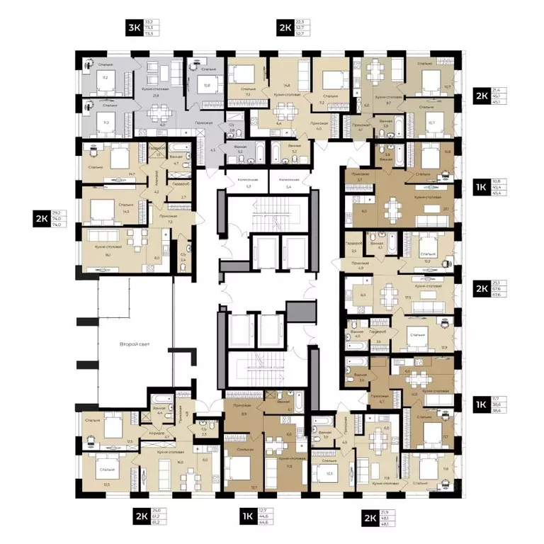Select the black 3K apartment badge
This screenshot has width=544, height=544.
click(132, 29)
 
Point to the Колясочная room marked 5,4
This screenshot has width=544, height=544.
click(288, 183)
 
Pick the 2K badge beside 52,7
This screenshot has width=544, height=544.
click(285, 29)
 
